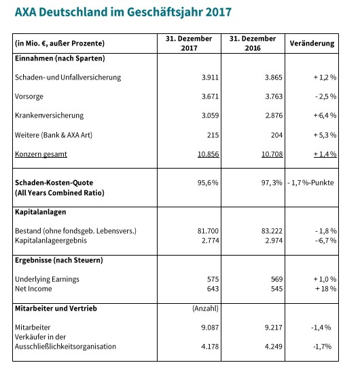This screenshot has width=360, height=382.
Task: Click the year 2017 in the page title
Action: click(x=218, y=12)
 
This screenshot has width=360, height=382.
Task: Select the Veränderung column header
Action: click(x=312, y=44)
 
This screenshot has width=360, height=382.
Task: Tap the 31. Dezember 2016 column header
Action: click(x=253, y=43)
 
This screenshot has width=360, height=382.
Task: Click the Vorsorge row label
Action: click(x=29, y=97)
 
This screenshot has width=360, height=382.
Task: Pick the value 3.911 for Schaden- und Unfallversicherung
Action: click(x=210, y=77)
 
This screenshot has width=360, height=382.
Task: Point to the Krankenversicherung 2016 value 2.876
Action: click(x=274, y=116)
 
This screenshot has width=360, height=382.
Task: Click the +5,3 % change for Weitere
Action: click(x=325, y=135)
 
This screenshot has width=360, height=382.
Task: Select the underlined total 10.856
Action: click(x=209, y=154)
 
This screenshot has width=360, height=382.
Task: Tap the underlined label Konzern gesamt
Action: click(x=41, y=154)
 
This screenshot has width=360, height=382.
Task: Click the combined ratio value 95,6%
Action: click(x=208, y=182)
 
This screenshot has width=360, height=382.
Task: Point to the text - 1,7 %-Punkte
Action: click(x=310, y=182)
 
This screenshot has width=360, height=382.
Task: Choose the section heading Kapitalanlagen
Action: click(x=40, y=212)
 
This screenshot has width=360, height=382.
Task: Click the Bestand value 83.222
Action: click(x=272, y=230)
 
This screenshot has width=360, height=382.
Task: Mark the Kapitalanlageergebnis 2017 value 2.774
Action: click(x=211, y=241)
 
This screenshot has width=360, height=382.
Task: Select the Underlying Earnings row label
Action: click(x=47, y=279)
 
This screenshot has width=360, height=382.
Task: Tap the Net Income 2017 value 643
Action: click(x=213, y=289)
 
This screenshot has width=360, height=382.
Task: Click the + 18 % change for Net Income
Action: click(x=325, y=289)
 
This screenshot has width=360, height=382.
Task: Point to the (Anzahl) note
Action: click(x=205, y=309)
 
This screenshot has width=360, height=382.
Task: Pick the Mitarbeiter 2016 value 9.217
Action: click(x=274, y=327)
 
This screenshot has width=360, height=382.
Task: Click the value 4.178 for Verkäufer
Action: click(x=210, y=346)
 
